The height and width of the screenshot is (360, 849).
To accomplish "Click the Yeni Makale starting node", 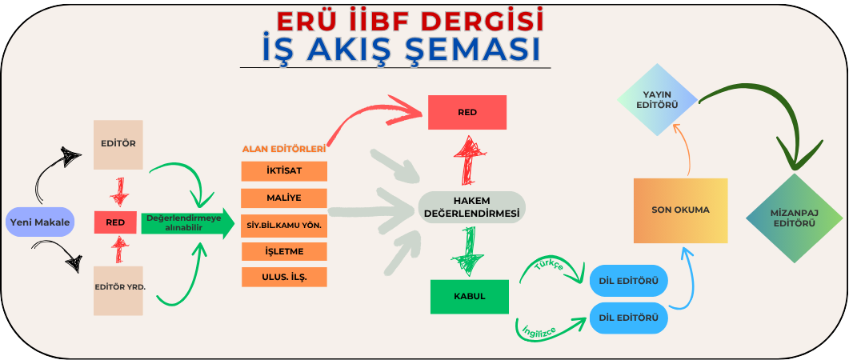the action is (x=39, y=222).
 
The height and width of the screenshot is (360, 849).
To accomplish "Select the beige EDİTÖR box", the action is (x=118, y=145).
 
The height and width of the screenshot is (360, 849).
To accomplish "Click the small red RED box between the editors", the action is (x=115, y=222).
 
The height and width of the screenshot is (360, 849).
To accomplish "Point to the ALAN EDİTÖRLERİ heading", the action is (x=284, y=149).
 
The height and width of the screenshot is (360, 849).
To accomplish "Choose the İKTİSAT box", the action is (x=284, y=171).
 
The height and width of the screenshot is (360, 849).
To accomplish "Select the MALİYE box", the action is (x=284, y=198).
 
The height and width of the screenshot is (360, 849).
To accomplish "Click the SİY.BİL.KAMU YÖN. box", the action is (x=284, y=226).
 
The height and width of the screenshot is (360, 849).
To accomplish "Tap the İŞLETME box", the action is (x=284, y=252).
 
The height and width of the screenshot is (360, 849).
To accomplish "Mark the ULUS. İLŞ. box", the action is (x=284, y=277).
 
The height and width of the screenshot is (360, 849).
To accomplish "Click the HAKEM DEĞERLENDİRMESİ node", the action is (x=471, y=207).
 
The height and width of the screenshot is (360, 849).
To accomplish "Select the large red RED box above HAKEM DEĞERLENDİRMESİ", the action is (x=467, y=113).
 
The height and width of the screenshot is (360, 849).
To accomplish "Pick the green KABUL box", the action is (x=470, y=297).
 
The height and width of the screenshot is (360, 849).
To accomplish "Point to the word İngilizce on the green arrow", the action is (x=539, y=330).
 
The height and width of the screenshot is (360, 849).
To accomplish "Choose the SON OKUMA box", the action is (x=681, y=210).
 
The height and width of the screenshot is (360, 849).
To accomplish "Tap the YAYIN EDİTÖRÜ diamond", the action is (x=657, y=100).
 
